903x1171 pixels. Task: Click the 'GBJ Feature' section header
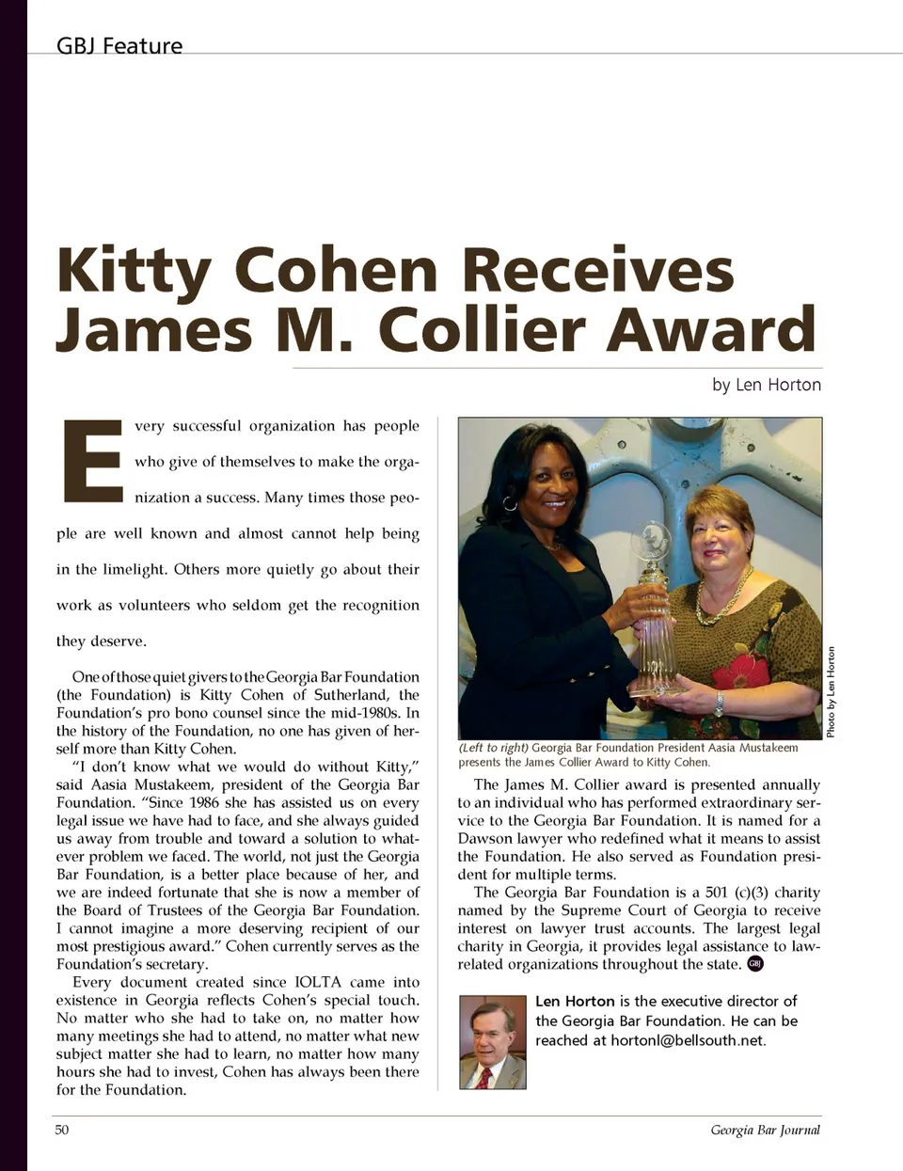tap(119, 46)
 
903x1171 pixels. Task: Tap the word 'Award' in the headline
tap(709, 329)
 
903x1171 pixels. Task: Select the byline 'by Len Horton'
tap(766, 385)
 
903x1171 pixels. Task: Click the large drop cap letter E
tap(92, 461)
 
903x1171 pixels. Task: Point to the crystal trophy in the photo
tap(653, 611)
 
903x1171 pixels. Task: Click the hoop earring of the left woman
tap(510, 503)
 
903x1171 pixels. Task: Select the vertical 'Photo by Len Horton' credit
tap(831, 692)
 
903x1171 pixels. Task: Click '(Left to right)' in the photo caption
tap(493, 748)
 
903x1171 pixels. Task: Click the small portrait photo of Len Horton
tap(493, 1041)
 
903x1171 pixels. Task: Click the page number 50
tap(62, 1130)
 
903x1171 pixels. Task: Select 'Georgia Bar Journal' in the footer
tap(765, 1130)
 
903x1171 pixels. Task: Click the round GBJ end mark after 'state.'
tap(755, 963)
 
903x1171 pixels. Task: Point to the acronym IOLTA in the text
tap(318, 982)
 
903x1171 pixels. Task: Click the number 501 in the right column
tap(717, 893)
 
